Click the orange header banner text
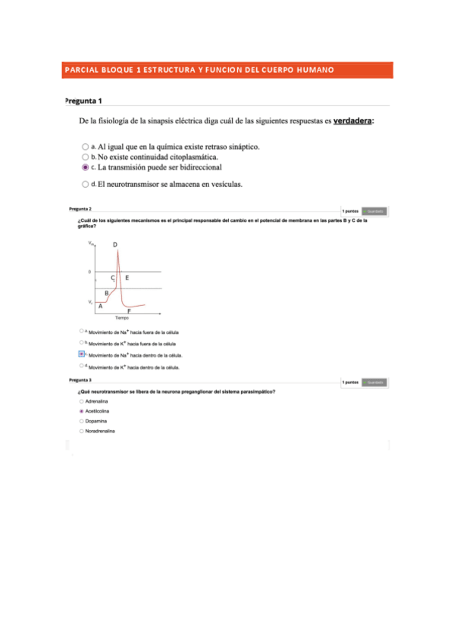(x=199, y=70)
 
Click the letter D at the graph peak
(x=115, y=245)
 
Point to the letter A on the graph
(x=101, y=306)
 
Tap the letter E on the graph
(x=127, y=278)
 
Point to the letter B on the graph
(x=107, y=293)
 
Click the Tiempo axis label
(x=121, y=319)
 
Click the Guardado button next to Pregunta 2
(x=375, y=211)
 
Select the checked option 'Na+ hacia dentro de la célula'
(x=82, y=354)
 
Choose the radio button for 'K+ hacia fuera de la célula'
(x=82, y=342)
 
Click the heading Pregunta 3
(x=80, y=380)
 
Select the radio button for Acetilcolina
(x=81, y=410)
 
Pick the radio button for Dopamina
(x=81, y=420)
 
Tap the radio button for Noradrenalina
(x=81, y=431)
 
